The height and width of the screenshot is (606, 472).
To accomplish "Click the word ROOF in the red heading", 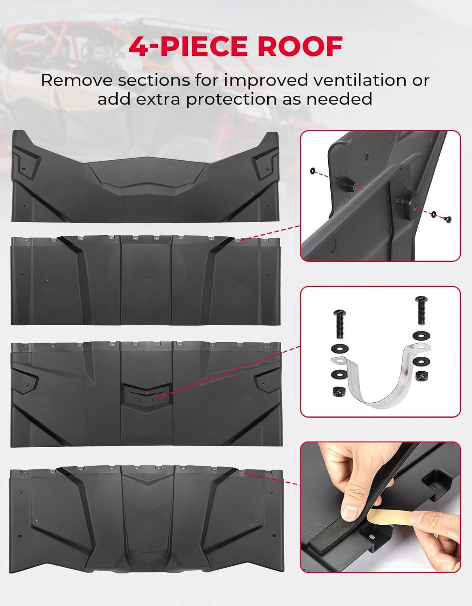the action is (x=300, y=46).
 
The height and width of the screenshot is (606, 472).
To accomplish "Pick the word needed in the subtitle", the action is (x=340, y=99).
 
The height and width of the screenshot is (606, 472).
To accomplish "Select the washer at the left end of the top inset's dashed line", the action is (x=313, y=170).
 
